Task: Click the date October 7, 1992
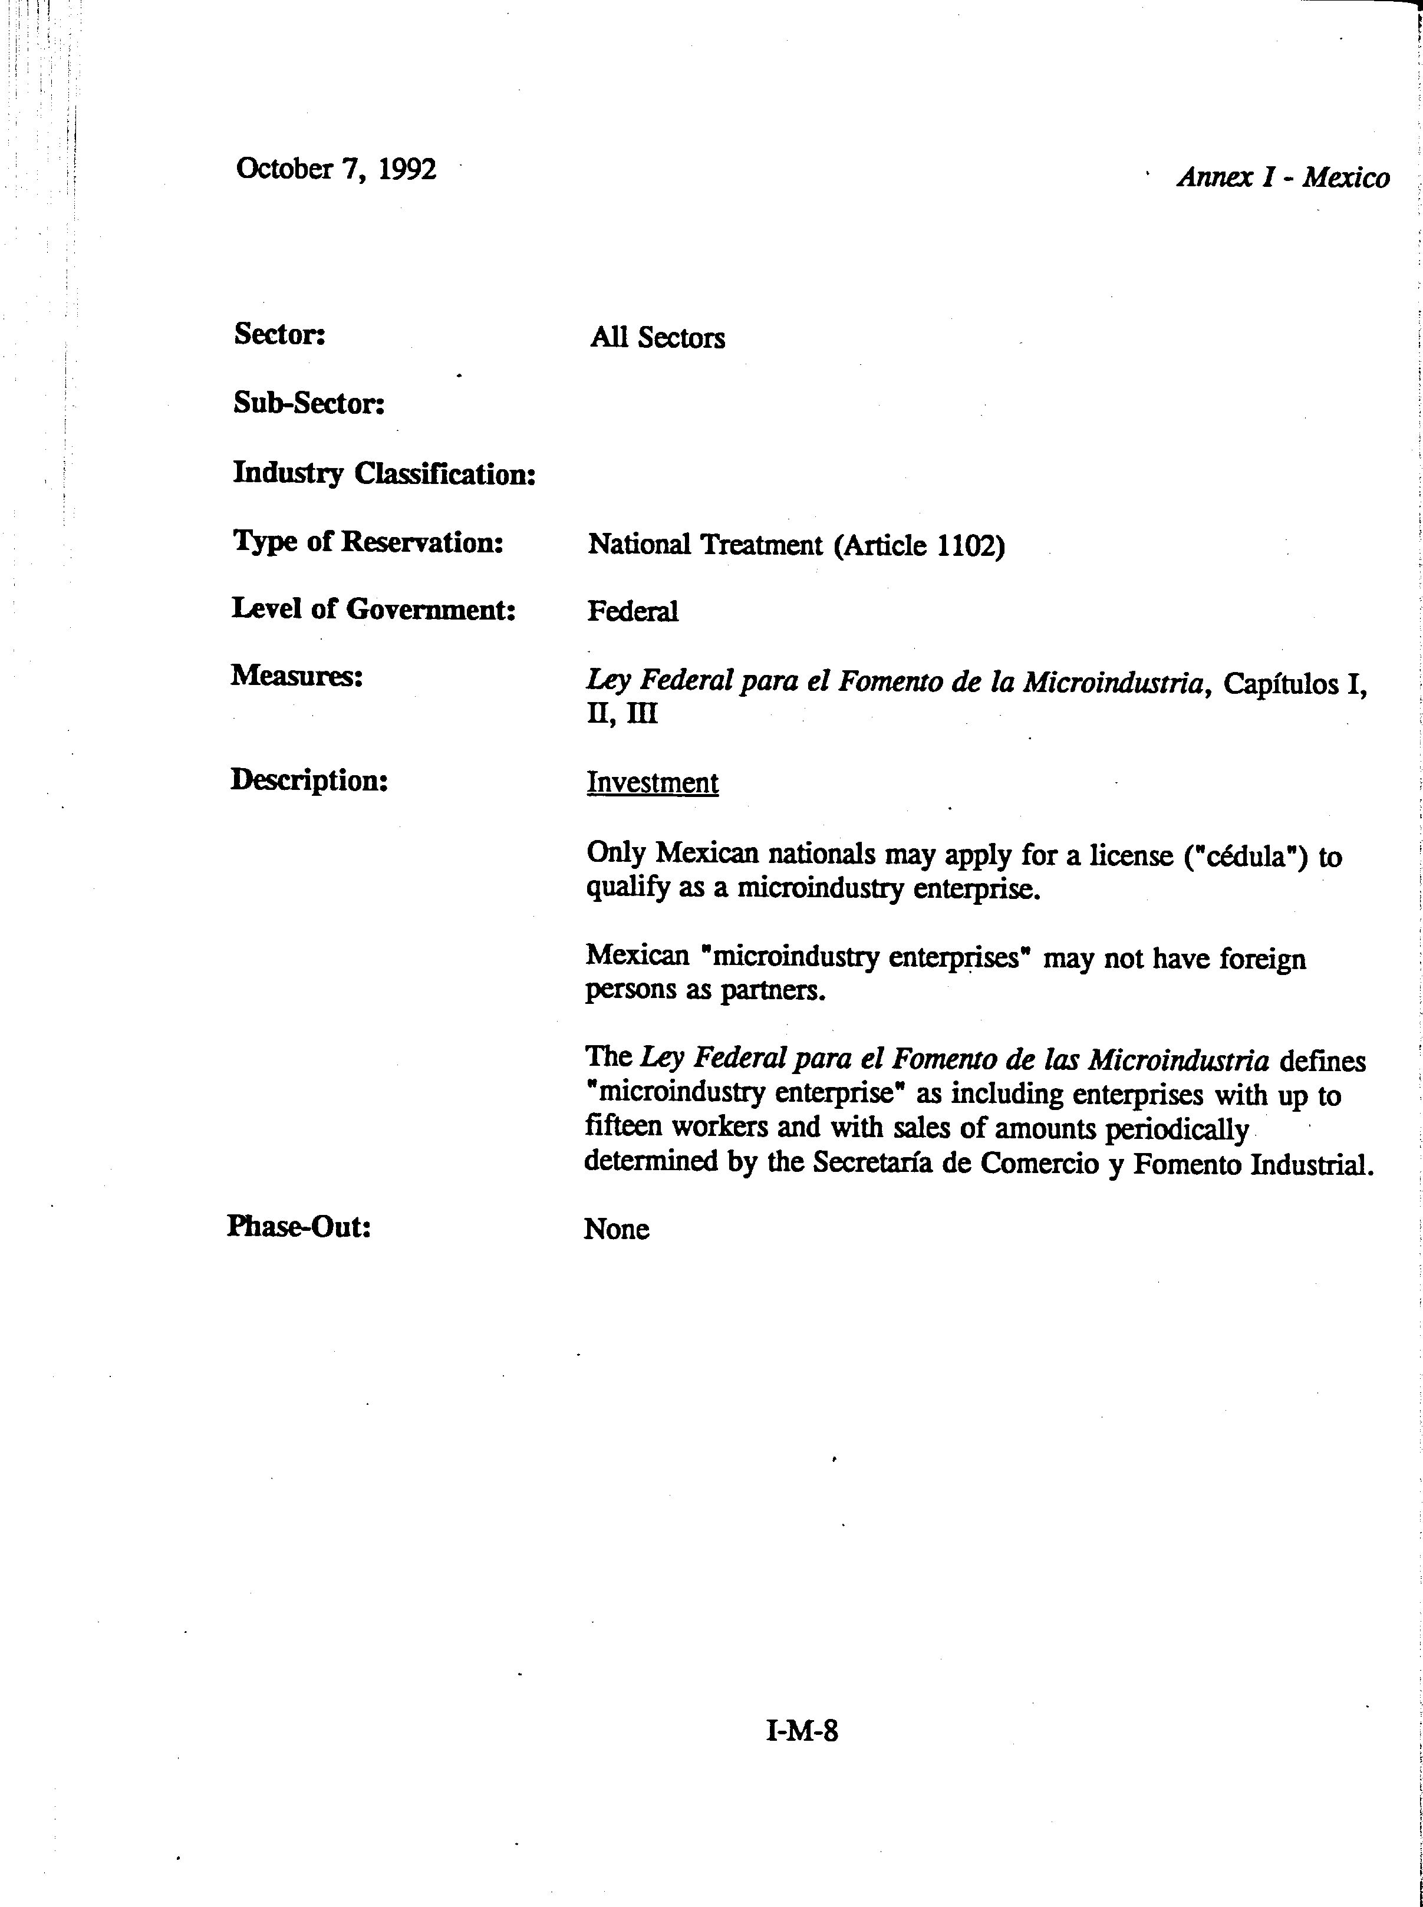coord(336,169)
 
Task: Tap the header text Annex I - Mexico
coord(1283,177)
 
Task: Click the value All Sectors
coord(657,338)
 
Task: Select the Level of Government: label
coord(373,609)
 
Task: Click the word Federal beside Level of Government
coord(633,611)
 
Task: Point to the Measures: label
coord(297,676)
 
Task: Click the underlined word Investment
coord(652,783)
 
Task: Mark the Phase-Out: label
coord(299,1227)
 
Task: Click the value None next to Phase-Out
coord(616,1229)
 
